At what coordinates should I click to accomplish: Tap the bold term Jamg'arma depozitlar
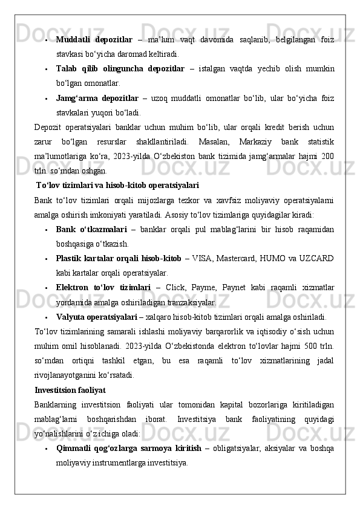pyautogui.click(x=97, y=97)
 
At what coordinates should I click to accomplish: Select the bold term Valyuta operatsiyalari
pyautogui.click(x=96, y=316)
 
